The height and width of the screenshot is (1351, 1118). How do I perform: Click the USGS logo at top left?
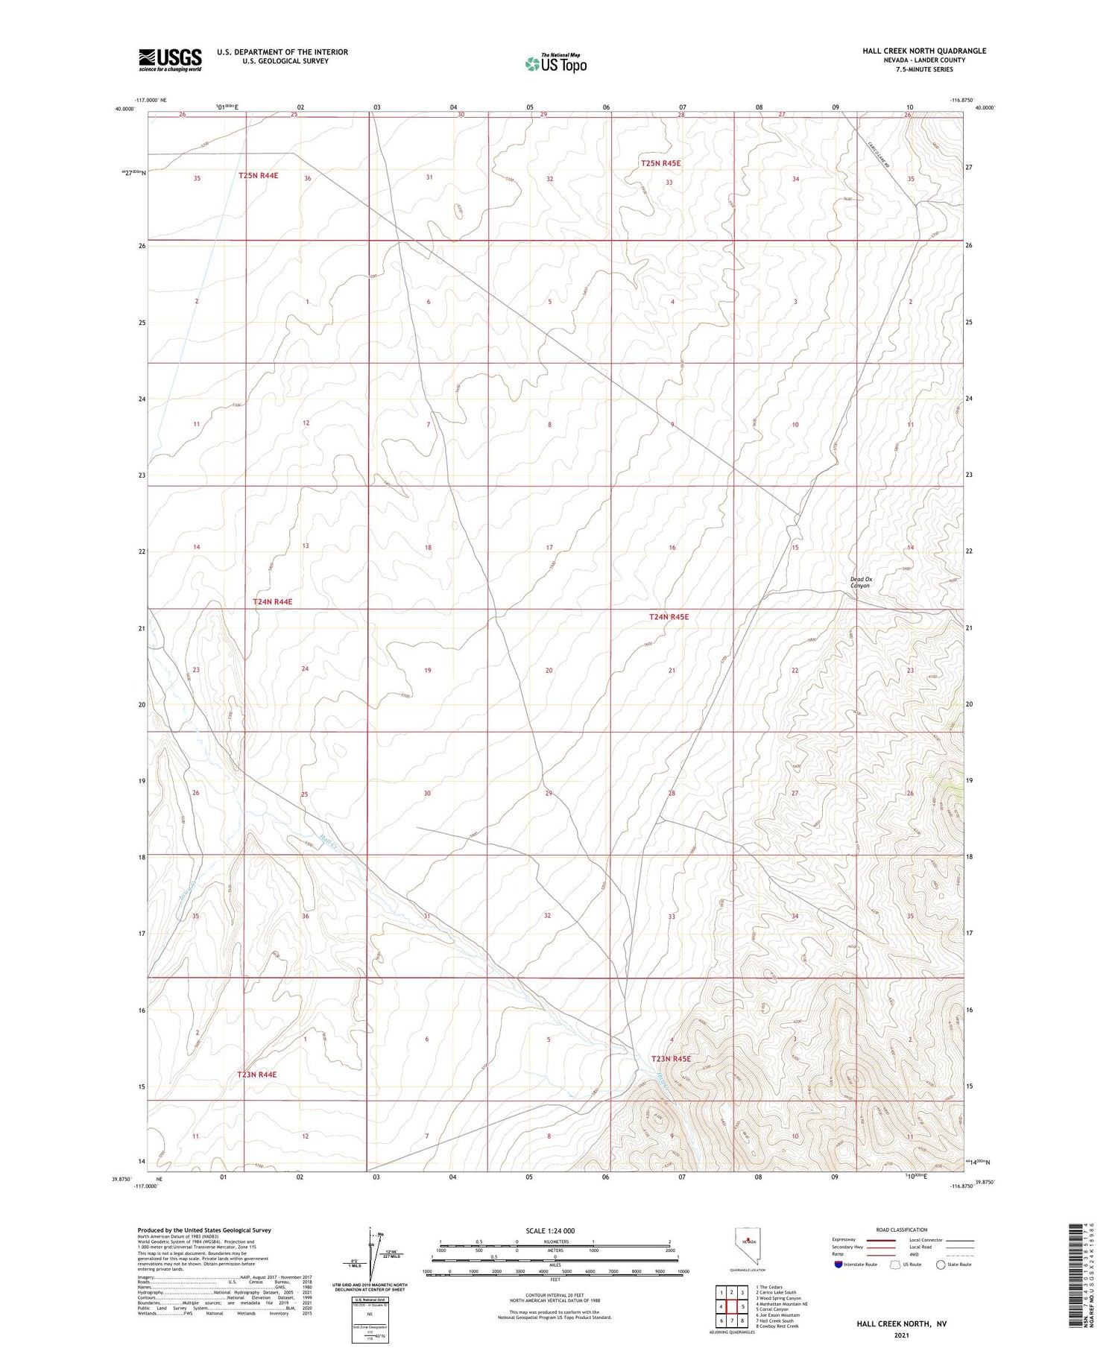170,60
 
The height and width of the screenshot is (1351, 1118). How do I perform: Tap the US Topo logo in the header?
555,63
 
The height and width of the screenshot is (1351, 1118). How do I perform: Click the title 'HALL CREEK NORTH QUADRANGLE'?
924,51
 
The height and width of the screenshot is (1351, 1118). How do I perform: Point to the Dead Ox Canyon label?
861,582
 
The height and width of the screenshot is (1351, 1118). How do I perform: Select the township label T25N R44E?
258,175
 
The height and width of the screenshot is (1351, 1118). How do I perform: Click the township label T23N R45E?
671,1059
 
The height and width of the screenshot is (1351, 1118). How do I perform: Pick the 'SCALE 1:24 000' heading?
551,1230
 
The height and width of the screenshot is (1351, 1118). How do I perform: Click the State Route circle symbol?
941,1264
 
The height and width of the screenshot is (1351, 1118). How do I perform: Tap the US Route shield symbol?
895,1264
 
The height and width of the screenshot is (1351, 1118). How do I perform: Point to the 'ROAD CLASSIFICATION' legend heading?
902,1230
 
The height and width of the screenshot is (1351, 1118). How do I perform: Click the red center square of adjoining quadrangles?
732,1306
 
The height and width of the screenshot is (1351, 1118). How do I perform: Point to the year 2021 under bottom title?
901,1335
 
